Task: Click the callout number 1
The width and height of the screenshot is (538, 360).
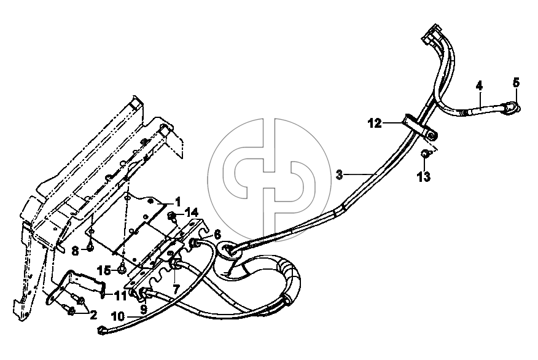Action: (x=177, y=202)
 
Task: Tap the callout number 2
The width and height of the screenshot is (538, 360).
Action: (x=93, y=315)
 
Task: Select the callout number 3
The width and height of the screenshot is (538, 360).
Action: (x=339, y=174)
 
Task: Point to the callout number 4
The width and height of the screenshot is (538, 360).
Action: (x=479, y=85)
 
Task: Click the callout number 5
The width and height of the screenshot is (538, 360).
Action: (x=516, y=83)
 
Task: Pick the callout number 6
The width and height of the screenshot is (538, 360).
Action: (x=217, y=235)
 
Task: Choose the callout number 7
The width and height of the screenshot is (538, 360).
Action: (x=176, y=289)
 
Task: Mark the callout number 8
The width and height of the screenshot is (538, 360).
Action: (x=75, y=251)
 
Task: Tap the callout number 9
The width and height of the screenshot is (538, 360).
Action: (x=144, y=309)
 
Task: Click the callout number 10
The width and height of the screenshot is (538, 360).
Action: (x=118, y=316)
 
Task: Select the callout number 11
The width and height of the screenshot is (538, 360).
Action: (x=120, y=295)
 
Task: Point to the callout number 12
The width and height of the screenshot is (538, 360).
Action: (x=375, y=123)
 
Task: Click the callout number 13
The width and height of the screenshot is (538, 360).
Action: (x=424, y=177)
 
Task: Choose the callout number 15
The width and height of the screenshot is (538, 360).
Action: (x=104, y=270)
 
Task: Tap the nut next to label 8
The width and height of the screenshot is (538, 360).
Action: (x=90, y=247)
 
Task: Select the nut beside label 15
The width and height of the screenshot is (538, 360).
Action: (x=122, y=270)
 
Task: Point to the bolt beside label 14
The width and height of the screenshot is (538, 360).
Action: (x=172, y=217)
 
